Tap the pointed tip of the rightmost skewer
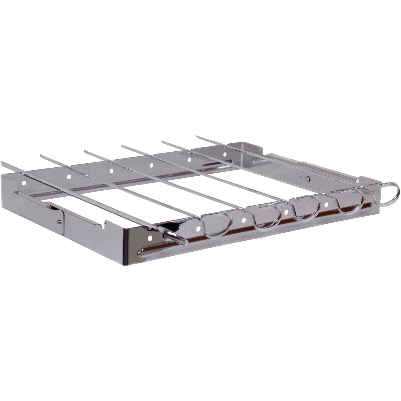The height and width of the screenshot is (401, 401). coord(198,137)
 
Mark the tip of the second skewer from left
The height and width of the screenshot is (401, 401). coord(42,155)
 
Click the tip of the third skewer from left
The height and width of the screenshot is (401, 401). coord(86,151)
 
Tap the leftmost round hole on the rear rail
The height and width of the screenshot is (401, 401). coord(24,183)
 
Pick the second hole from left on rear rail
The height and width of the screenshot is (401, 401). coord(69,176)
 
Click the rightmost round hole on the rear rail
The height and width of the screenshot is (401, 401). coord(225,155)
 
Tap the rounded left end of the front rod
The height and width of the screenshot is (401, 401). coord(141,252)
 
